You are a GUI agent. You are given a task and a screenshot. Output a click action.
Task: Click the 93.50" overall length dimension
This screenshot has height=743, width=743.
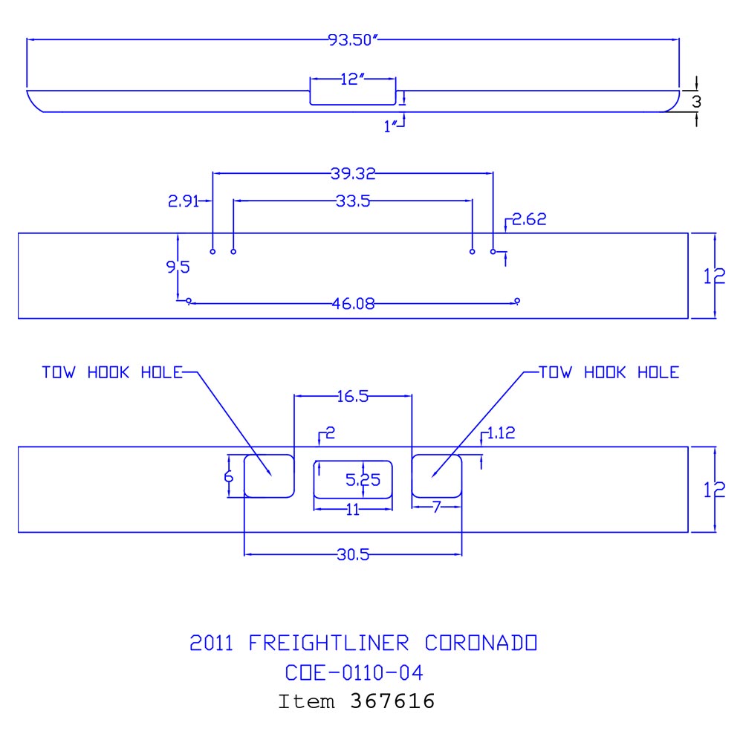pyautogui.click(x=354, y=40)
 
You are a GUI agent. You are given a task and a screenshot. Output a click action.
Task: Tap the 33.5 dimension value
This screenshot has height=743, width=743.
pyautogui.click(x=353, y=201)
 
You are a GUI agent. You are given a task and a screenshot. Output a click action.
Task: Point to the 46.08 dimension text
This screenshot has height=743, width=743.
pyautogui.click(x=353, y=303)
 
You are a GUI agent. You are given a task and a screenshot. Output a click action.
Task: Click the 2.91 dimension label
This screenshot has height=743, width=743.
pyautogui.click(x=183, y=201)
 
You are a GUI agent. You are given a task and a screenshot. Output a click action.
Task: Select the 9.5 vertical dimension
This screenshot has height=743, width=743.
pyautogui.click(x=178, y=267)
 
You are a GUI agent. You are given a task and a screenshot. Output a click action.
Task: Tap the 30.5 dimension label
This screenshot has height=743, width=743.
pyautogui.click(x=353, y=554)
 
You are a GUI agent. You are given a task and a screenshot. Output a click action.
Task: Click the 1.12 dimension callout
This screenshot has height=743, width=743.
pyautogui.click(x=503, y=433)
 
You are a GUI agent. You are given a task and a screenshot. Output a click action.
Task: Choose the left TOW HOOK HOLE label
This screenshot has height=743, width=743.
pyautogui.click(x=111, y=372)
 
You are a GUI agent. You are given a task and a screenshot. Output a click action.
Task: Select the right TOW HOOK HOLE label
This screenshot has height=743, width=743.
pyautogui.click(x=609, y=372)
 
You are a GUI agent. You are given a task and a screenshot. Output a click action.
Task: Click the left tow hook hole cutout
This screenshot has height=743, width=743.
pyautogui.click(x=269, y=476)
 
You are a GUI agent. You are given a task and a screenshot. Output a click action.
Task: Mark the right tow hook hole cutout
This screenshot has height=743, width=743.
pyautogui.click(x=438, y=476)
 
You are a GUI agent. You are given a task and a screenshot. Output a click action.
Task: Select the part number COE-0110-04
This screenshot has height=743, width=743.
pyautogui.click(x=354, y=673)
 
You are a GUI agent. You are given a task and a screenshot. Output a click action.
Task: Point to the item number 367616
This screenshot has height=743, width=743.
pyautogui.click(x=392, y=701)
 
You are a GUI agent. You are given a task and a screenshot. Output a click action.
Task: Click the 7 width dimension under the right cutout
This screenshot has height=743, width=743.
pyautogui.click(x=437, y=507)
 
